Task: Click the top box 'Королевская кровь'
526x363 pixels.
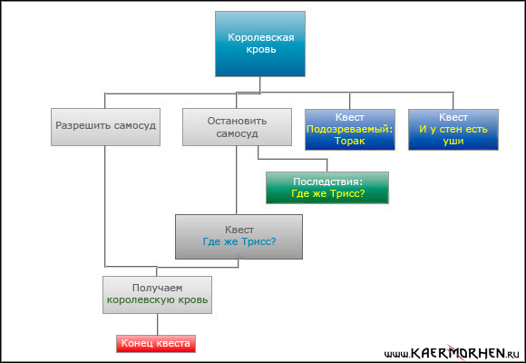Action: point(260,44)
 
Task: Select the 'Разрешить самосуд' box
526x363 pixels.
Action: point(105,127)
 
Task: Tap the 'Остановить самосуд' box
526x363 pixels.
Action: point(237,127)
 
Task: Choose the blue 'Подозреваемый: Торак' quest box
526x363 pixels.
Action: point(350,129)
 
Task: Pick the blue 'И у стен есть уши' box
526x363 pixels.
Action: point(453,129)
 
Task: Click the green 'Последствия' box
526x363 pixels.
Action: point(327,188)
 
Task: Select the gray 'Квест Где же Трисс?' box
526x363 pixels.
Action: point(239,237)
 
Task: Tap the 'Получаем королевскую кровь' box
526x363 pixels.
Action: point(157,295)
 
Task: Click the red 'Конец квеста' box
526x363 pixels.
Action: point(156,344)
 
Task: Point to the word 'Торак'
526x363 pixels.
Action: point(349,141)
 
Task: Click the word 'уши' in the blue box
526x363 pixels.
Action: point(453,142)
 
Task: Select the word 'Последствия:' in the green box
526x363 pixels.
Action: point(327,181)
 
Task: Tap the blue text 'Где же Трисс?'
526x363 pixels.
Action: point(239,241)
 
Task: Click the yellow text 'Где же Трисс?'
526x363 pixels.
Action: point(327,194)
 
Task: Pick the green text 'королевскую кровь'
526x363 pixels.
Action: point(157,299)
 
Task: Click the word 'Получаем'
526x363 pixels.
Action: point(157,288)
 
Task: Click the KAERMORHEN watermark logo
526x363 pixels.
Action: point(452,353)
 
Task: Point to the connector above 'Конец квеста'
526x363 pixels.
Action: point(157,324)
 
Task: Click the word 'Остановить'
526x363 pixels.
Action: point(237,121)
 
